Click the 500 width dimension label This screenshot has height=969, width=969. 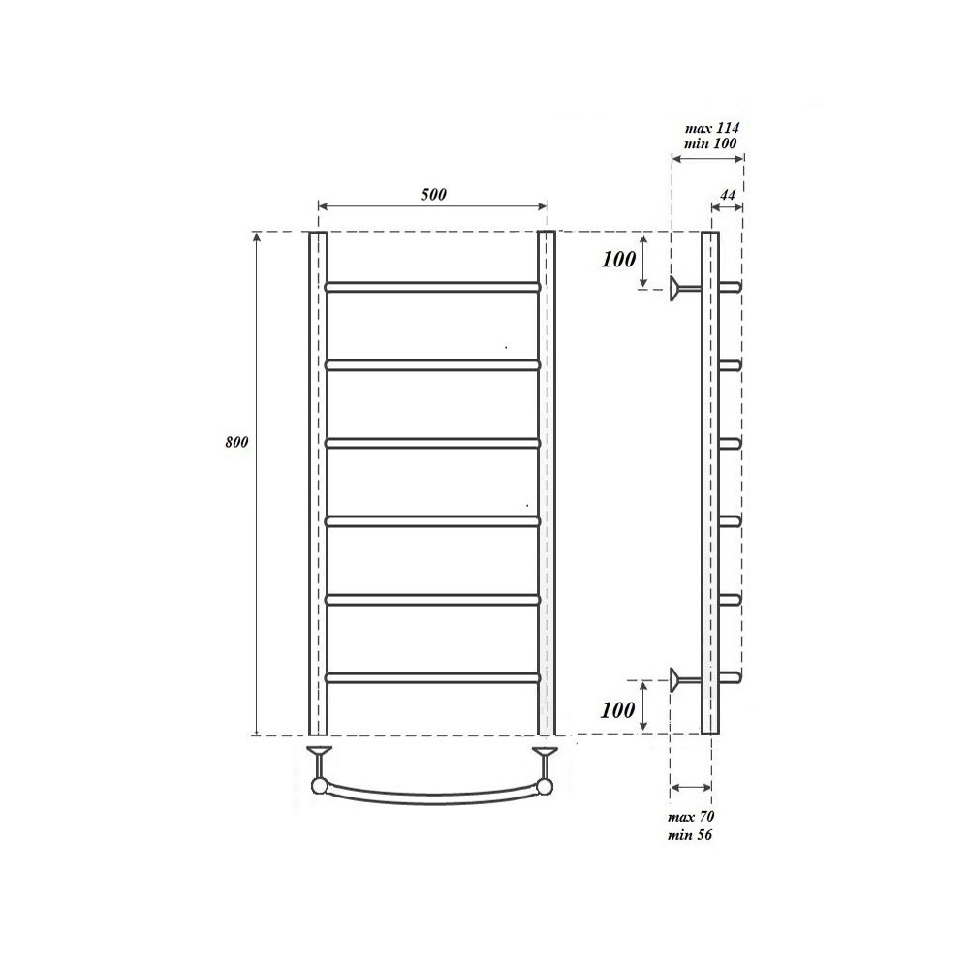coord(433,194)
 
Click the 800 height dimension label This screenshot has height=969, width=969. coord(236,442)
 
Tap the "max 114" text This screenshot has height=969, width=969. coord(712,127)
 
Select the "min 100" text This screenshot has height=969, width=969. coord(711,143)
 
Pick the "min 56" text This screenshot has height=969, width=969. coord(691,834)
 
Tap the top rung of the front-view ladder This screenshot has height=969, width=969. coord(432,287)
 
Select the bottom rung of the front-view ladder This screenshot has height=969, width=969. coord(432,677)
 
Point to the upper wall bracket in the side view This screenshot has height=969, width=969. coord(684,287)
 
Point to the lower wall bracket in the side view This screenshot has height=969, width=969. coord(684,677)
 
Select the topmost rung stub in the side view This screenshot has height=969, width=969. coord(731,287)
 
